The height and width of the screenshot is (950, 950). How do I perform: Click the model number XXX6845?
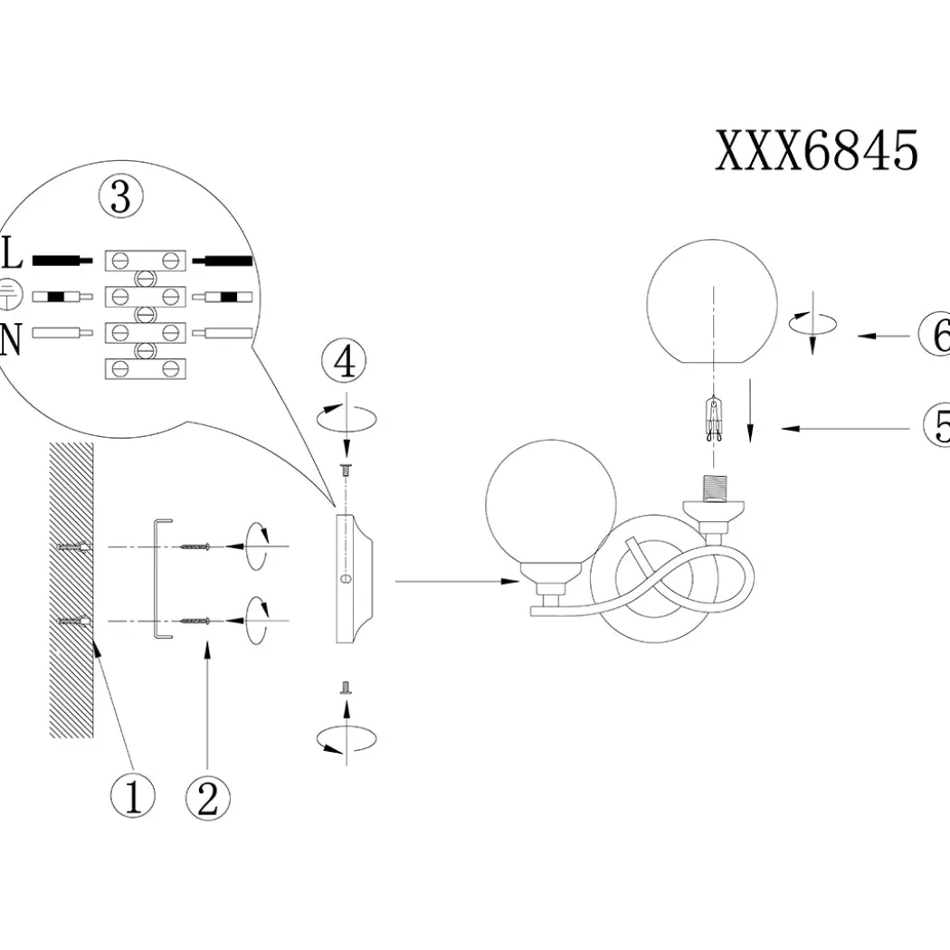point(817,150)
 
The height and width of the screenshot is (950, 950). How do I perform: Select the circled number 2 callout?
point(208,799)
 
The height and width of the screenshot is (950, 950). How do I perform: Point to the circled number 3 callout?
point(121,197)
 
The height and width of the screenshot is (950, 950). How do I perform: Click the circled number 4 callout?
point(345,361)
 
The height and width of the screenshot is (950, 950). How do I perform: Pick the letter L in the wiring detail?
point(12,252)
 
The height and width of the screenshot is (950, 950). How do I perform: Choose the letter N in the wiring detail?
point(11,339)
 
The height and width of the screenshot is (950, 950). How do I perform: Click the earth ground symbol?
point(10,294)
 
